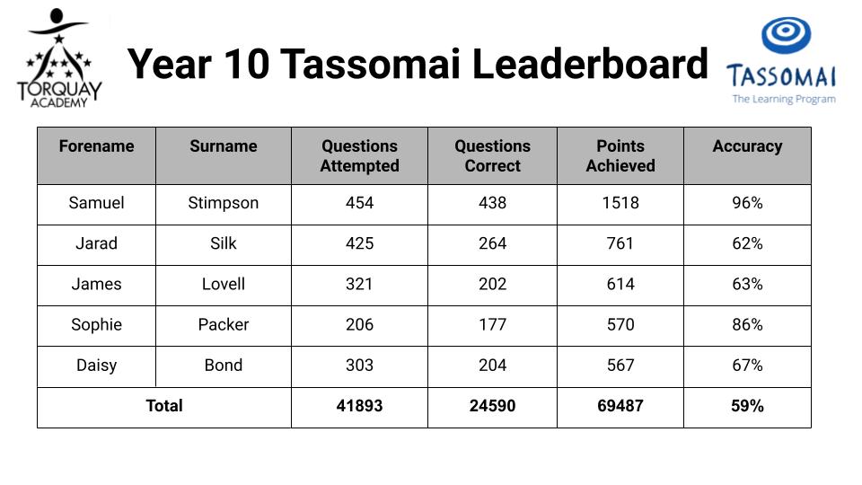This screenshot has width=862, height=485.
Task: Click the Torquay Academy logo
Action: point(59,57)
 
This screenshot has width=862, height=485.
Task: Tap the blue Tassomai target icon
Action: point(787,35)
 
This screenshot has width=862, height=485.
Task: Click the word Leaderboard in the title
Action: point(590,64)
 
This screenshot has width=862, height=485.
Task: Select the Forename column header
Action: point(96,145)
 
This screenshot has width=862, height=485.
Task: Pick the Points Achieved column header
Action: point(620,155)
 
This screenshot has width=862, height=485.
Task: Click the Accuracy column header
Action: point(747,146)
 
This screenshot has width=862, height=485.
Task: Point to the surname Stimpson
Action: point(224,203)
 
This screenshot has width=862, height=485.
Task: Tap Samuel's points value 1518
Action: point(620,203)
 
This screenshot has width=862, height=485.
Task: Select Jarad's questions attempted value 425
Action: point(359,243)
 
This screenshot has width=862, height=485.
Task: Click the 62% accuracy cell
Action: point(747,243)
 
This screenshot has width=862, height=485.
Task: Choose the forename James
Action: point(96,284)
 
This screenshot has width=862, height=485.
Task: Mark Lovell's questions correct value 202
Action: point(493,284)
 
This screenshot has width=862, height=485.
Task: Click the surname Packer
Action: point(224,324)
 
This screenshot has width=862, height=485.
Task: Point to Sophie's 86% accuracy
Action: point(747,324)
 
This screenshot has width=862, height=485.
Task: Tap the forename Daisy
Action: point(96,366)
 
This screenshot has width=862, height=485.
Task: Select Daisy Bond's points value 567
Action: point(620,366)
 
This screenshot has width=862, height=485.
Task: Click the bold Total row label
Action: point(163,406)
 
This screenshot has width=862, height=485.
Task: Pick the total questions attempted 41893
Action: point(359,406)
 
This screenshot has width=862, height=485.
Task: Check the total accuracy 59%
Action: point(747,406)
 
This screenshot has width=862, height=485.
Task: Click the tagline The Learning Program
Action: point(784,99)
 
